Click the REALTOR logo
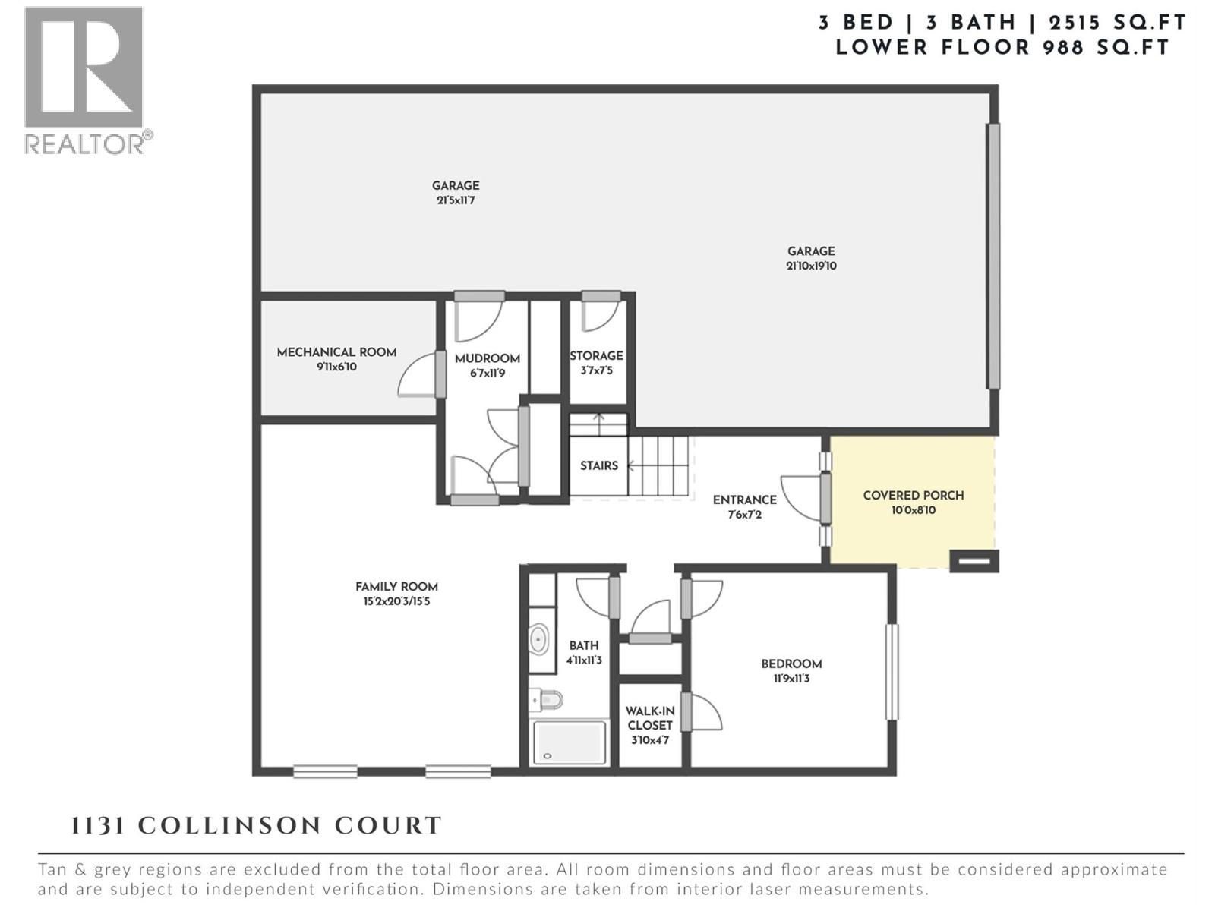pos(84,79)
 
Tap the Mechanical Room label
pos(336,352)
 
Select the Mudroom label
pos(487,358)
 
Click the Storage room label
pos(596,355)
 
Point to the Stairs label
pos(598,465)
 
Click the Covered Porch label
pos(913,496)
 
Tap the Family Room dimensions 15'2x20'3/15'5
pos(396,601)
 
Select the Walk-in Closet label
pos(650,718)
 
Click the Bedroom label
pos(791,664)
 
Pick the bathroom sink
pos(538,639)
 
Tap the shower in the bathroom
pos(570,742)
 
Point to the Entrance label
pos(744,500)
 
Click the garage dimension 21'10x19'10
pos(811,266)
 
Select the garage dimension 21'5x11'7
pos(456,200)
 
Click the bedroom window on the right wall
pos(892,672)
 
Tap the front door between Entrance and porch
pos(825,499)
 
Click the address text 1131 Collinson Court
pos(256,826)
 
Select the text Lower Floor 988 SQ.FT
pos(1002,47)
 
